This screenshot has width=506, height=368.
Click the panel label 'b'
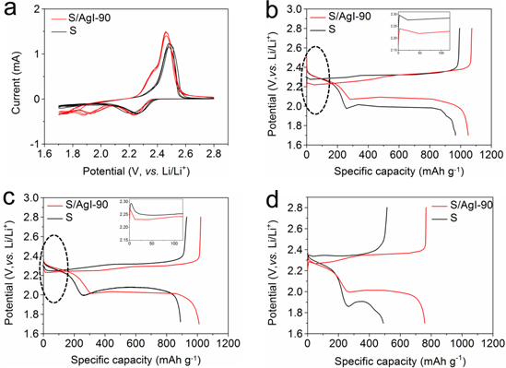266,12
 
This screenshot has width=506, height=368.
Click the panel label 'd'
266,197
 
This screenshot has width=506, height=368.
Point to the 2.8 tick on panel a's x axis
214,157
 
